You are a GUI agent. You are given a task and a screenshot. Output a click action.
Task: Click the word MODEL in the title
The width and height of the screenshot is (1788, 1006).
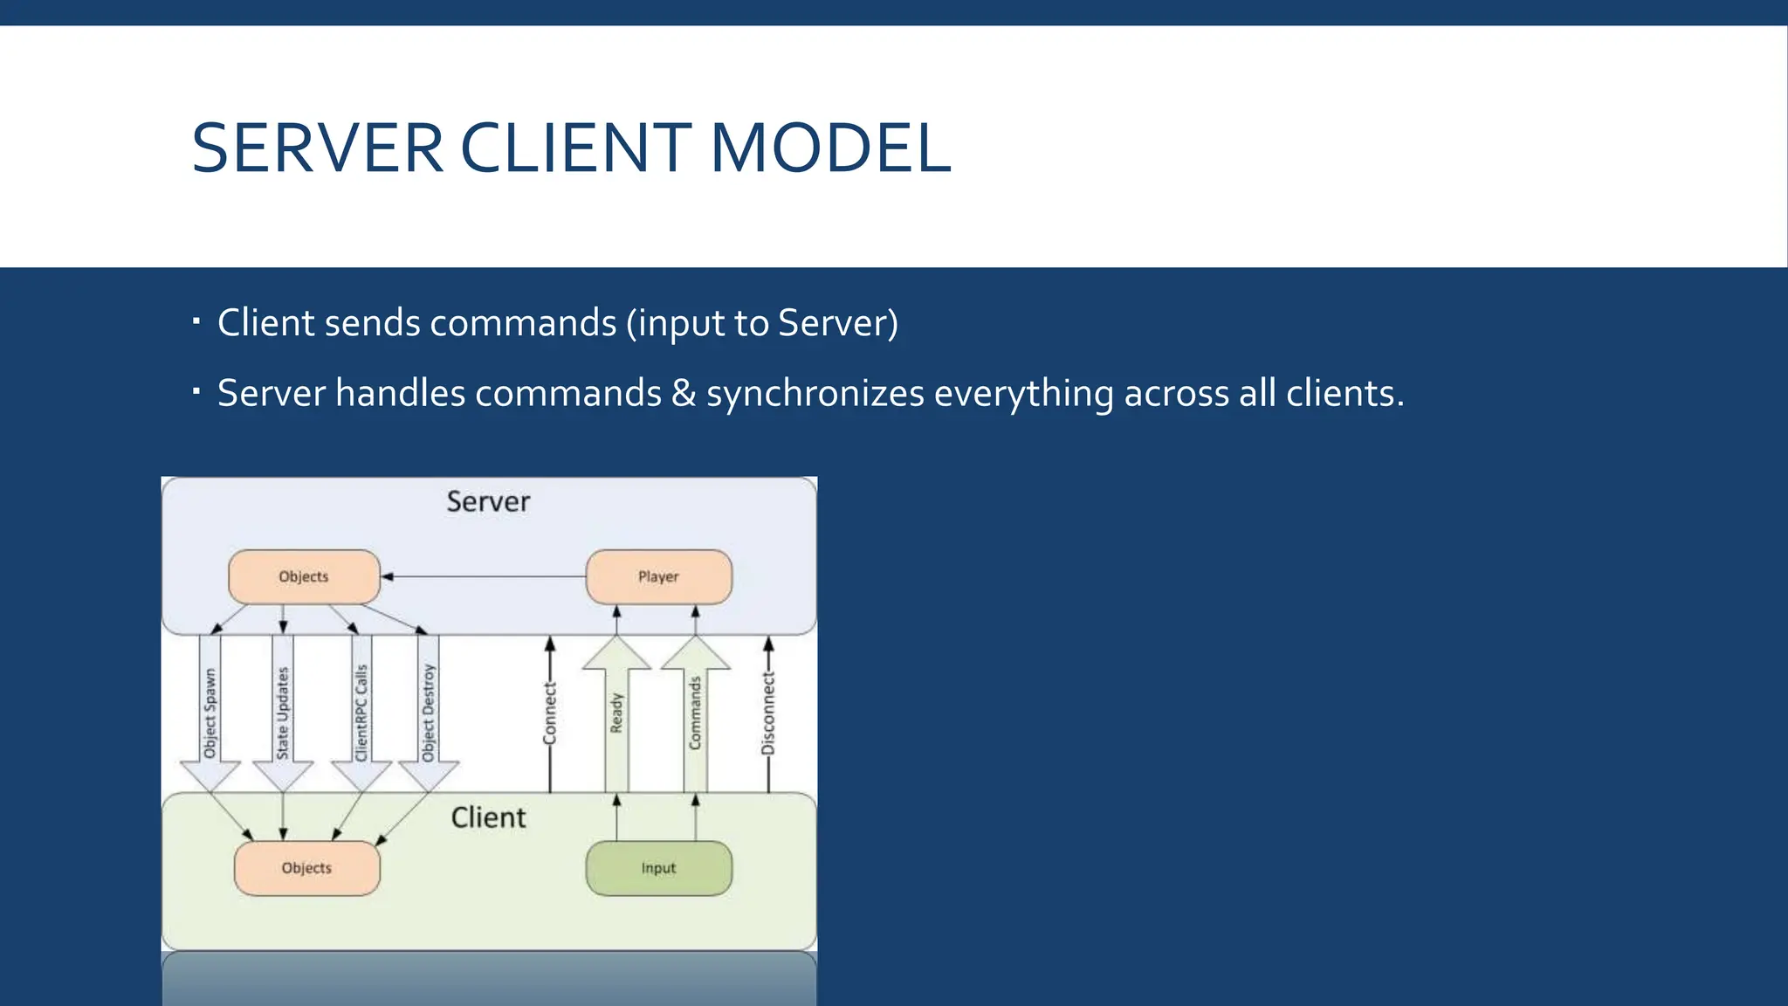coord(829,148)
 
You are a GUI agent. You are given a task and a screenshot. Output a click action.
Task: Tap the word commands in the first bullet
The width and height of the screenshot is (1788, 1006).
coord(523,323)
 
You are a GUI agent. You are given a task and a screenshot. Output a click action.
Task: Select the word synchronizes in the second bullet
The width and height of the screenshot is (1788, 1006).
coord(815,393)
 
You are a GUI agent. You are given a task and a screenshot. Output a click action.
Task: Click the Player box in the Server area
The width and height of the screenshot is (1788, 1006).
coord(658,576)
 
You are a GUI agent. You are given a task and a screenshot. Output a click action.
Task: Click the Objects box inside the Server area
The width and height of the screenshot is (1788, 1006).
coord(304,576)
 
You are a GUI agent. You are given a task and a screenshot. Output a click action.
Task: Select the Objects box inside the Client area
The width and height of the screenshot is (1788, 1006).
coord(306,868)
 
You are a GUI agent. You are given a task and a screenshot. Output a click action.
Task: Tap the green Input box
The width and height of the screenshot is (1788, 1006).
coord(658,868)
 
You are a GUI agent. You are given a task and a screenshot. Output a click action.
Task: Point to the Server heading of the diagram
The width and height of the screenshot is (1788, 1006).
coord(488,501)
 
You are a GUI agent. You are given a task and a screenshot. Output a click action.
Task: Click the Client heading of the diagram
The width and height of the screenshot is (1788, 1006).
coord(488,817)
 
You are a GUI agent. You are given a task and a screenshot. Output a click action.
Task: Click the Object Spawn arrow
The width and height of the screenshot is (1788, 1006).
coord(210,712)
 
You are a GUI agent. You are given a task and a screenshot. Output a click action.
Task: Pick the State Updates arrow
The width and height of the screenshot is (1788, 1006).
coord(283,712)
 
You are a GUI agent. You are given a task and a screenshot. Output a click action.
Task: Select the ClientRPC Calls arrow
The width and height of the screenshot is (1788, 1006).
coord(361,712)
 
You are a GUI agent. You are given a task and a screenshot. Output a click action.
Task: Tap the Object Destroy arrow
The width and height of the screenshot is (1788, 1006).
coord(429,712)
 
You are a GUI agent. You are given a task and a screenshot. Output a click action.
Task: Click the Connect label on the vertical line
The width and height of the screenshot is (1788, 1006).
coord(549,713)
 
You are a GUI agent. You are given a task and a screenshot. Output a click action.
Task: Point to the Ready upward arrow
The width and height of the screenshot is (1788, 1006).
coord(616,712)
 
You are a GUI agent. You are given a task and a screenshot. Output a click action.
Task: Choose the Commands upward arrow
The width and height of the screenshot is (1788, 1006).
coord(695,712)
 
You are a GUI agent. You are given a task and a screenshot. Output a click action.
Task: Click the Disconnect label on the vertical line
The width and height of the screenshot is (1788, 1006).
coord(768,713)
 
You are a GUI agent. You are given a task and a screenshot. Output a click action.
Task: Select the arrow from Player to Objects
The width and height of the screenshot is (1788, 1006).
coord(485,576)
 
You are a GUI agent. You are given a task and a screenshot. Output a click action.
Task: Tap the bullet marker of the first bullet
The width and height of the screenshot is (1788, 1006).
coord(196,321)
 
